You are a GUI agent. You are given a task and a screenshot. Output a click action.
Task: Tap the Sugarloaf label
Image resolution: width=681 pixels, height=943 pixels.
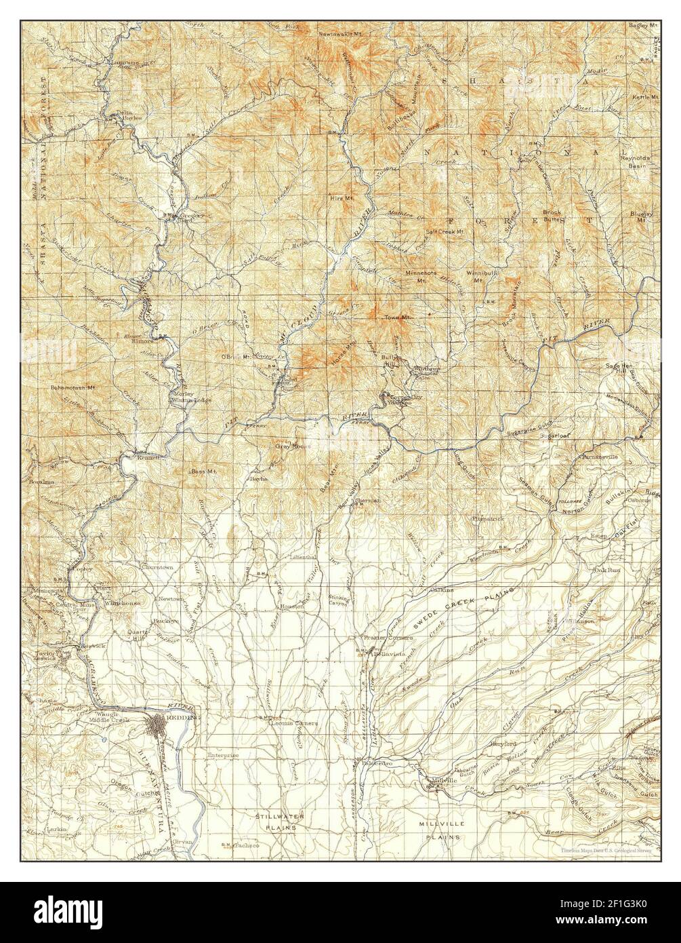point(552,435)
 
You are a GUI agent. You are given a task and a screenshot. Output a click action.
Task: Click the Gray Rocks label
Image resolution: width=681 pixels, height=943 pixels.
point(291,446)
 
